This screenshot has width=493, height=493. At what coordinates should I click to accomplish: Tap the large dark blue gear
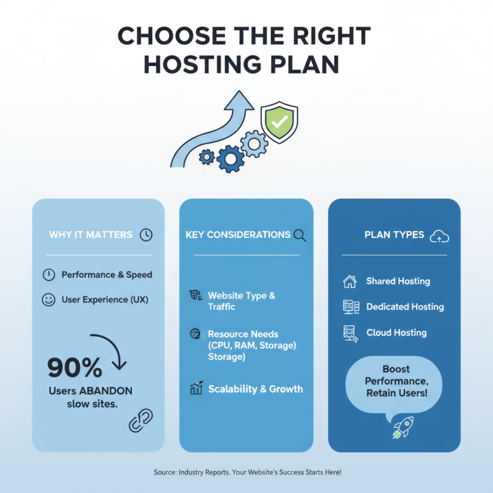230,158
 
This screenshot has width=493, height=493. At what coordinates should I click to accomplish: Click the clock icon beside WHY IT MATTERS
146,235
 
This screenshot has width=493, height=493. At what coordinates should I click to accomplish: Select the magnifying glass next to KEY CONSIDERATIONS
300,235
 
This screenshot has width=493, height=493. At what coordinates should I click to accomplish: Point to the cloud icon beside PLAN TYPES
439,235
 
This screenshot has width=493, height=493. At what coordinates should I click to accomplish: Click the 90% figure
75,368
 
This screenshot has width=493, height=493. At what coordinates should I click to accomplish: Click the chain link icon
141,420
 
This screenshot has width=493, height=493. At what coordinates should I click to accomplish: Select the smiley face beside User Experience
48,300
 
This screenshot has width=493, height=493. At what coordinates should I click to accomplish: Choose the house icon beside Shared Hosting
349,282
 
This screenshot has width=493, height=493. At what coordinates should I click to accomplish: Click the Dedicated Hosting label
405,307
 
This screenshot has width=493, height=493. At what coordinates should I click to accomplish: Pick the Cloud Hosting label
396,333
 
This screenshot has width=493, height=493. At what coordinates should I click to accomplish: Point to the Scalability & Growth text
255,389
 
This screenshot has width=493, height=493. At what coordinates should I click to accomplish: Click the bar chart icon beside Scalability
197,388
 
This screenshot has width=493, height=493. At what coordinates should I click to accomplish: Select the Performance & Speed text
107,275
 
